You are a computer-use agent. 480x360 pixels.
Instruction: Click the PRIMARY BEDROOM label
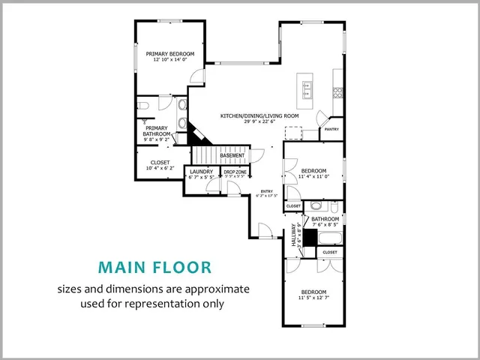click(x=170, y=54)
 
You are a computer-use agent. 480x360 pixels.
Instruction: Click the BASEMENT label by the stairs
click(x=232, y=155)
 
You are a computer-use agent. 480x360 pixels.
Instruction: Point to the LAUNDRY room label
click(x=201, y=172)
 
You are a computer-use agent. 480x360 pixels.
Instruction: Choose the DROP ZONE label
click(x=235, y=172)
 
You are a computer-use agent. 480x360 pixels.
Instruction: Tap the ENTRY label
click(x=266, y=192)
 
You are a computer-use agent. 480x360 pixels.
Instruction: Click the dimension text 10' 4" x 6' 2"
click(x=160, y=168)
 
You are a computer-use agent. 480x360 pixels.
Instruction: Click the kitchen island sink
click(x=306, y=88)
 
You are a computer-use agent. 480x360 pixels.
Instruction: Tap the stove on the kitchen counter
click(x=338, y=93)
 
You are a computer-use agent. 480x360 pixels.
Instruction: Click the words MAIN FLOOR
click(x=154, y=267)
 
